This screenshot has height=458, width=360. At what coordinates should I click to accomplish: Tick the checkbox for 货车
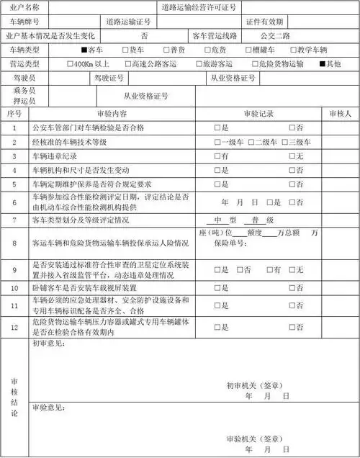coord(125,50)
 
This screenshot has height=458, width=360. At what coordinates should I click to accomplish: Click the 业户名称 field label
coord(19,7)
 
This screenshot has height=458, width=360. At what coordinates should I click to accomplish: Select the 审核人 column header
coord(339,114)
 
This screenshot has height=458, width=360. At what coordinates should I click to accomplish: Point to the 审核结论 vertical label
coord(14,398)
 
